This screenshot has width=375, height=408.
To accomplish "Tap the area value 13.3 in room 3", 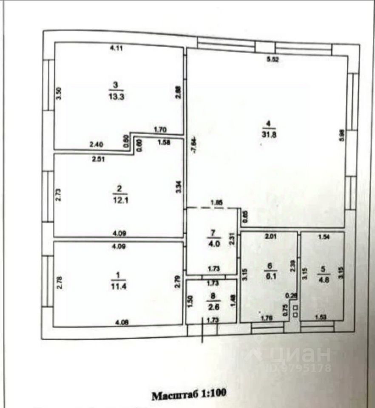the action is [116, 96].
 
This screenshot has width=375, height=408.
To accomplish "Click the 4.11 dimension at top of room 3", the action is [116, 48].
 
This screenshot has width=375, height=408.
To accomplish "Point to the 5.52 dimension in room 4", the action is [272, 60].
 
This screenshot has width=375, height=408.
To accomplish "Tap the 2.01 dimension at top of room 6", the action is [270, 236].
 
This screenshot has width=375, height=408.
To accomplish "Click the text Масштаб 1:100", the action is [189, 395].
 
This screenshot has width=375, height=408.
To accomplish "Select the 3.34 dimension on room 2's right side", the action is [179, 187].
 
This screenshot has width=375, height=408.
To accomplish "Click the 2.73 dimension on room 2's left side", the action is [59, 195].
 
